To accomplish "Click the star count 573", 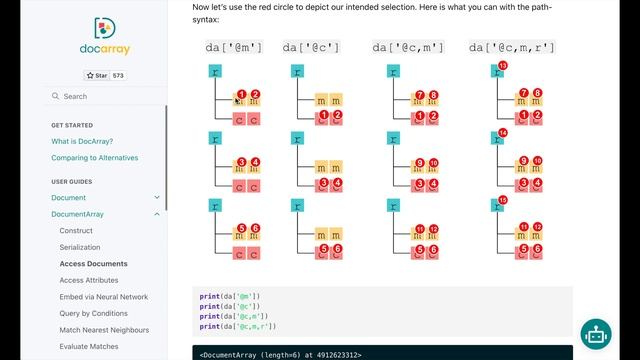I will pos(118,75).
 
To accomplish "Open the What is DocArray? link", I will pos(82,141).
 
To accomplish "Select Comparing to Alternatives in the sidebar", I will pos(94,157).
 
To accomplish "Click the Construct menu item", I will pos(76,230).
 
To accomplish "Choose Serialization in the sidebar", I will pos(80,246).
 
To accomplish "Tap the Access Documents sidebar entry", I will pos(93,263).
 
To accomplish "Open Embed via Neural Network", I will pos(103,297).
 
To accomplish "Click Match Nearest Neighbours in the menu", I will pos(104,330).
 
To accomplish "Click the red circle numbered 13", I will pos(502,65).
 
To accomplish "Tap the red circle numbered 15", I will pos(502,200).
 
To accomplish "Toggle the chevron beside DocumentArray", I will pos(157,214).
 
